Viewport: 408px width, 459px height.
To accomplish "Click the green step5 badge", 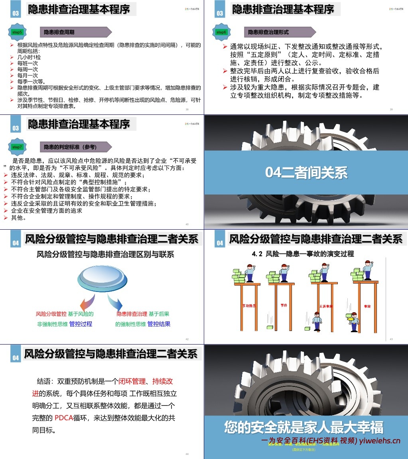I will (x=17, y=32).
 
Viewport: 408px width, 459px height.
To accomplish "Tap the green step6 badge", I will (x=221, y=32).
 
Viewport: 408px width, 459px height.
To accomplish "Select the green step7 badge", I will (x=17, y=147).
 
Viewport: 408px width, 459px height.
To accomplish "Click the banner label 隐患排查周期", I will (x=59, y=32).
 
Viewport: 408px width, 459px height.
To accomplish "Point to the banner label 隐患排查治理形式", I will (x=268, y=32).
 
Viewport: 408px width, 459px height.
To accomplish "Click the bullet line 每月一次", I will (x=28, y=75).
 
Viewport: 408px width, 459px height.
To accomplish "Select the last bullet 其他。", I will (x=19, y=218).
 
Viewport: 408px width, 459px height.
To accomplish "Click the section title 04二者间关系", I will (x=306, y=173).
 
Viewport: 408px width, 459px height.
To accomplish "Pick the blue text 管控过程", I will (x=81, y=324).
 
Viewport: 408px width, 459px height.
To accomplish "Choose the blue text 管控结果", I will (x=159, y=324).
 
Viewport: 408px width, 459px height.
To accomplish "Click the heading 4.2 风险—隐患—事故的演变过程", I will (x=303, y=254).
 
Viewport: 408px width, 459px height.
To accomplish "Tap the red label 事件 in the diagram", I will (x=284, y=305).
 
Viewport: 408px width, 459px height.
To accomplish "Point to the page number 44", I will (x=187, y=454).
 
